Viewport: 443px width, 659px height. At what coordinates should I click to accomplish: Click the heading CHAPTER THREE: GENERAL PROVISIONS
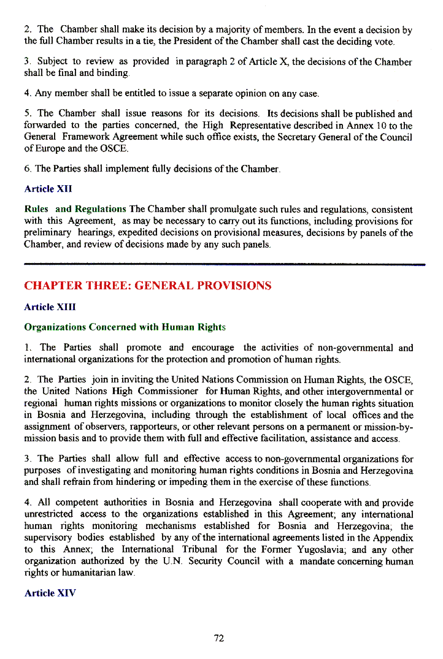pos(147,286)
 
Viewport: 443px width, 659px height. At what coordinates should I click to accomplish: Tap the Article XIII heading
pos(50,307)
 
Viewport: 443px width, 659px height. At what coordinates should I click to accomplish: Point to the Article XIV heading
pos(50,593)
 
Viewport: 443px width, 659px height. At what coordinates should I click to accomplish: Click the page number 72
pos(219,638)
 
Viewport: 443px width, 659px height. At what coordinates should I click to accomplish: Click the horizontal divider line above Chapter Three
pos(225,264)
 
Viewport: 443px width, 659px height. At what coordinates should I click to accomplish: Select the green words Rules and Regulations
pos(75,210)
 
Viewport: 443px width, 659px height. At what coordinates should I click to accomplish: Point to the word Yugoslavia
pos(350,549)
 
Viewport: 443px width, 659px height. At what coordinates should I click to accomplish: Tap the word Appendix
pos(391,538)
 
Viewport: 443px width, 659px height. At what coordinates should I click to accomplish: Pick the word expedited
pos(141,233)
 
